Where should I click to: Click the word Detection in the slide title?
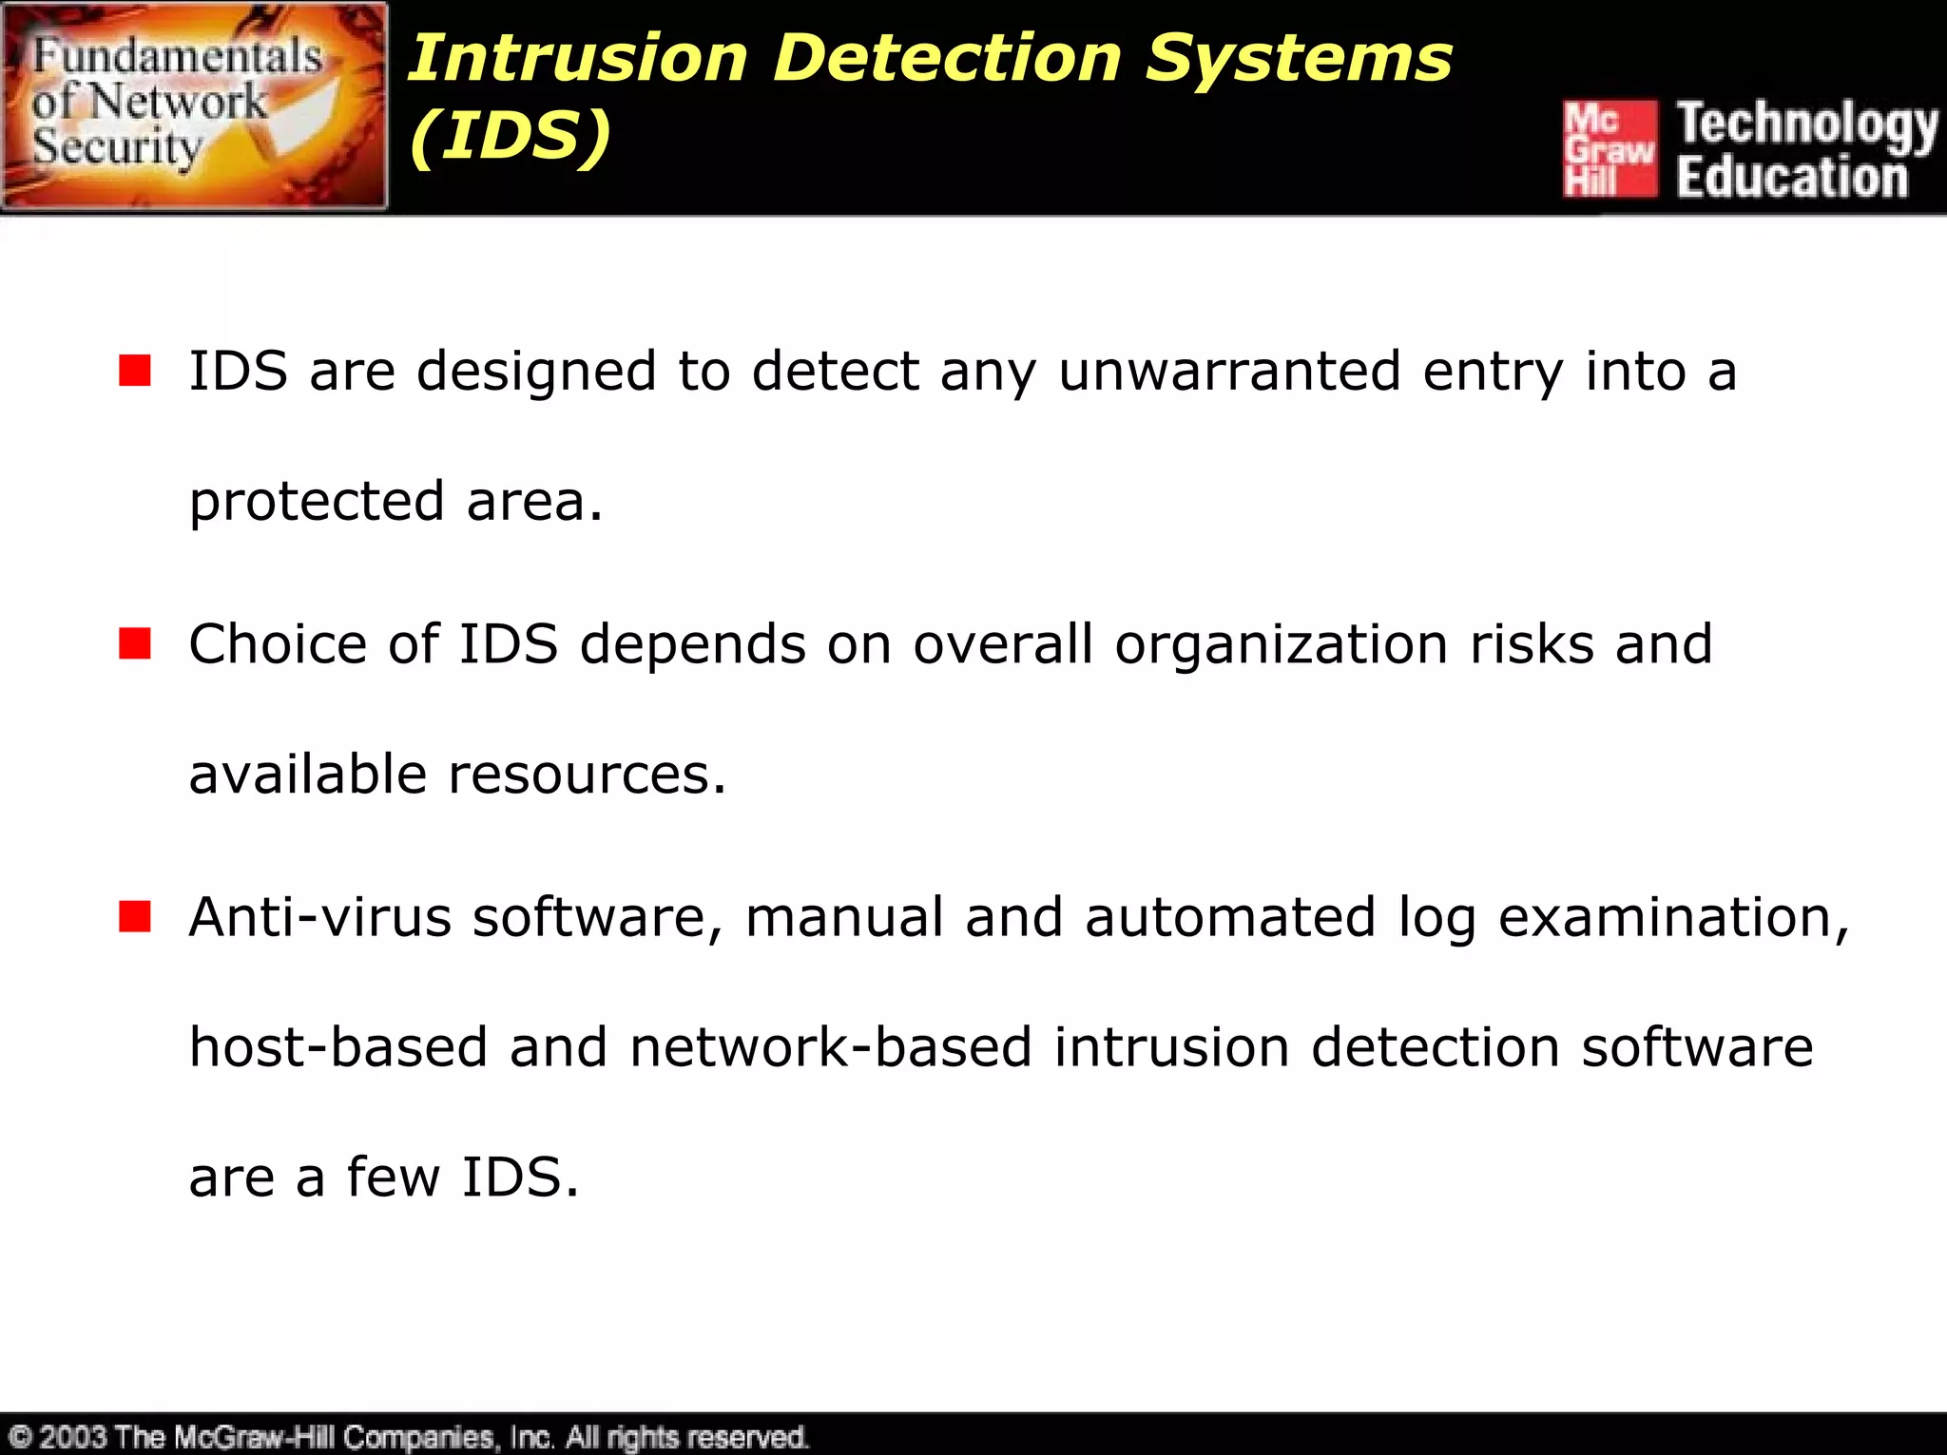947,59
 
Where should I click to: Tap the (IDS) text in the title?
510,136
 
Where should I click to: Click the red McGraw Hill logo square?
1610,148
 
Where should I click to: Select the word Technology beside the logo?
1807,124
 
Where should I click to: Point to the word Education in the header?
1792,178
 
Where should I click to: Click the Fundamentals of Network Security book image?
195,105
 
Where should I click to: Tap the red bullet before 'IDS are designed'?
135,371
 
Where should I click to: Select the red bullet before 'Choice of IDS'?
135,643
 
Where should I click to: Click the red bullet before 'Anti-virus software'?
135,917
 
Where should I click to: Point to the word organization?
1281,644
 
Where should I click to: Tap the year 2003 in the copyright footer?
72,1437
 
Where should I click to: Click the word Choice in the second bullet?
277,644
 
